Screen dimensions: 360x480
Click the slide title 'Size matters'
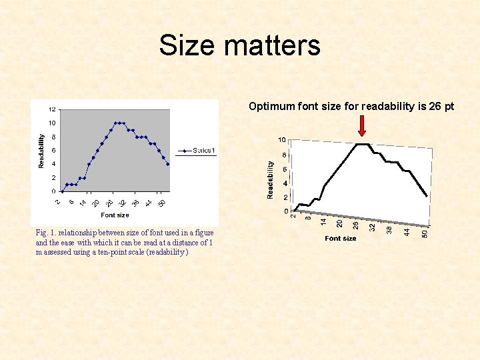[239, 46]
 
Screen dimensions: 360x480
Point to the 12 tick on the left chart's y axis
[52, 109]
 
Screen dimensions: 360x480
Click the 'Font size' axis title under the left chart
[115, 215]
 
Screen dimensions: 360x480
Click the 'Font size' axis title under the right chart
[341, 238]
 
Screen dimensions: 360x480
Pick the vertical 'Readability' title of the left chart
[41, 150]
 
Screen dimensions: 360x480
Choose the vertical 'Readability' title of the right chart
[270, 179]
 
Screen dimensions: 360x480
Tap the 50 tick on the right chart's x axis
[425, 233]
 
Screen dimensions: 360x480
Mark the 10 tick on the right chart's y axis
[282, 140]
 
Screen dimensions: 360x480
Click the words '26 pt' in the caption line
[441, 105]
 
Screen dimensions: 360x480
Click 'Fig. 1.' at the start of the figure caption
[47, 233]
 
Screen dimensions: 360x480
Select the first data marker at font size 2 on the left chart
[63, 191]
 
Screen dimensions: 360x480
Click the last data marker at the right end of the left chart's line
[167, 163]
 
